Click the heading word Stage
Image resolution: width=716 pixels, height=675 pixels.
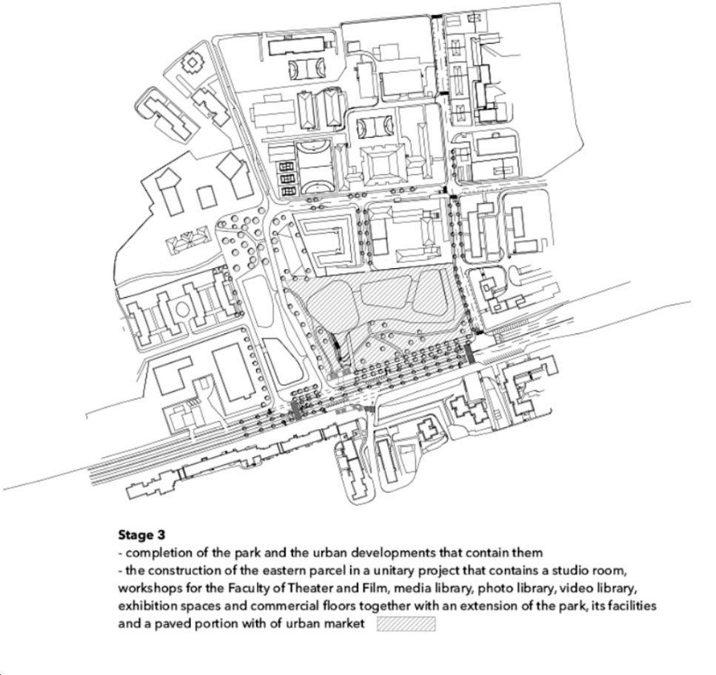click(x=135, y=534)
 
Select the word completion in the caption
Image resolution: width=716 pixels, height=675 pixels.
click(x=159, y=553)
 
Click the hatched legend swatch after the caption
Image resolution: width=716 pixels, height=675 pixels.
click(x=406, y=624)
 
